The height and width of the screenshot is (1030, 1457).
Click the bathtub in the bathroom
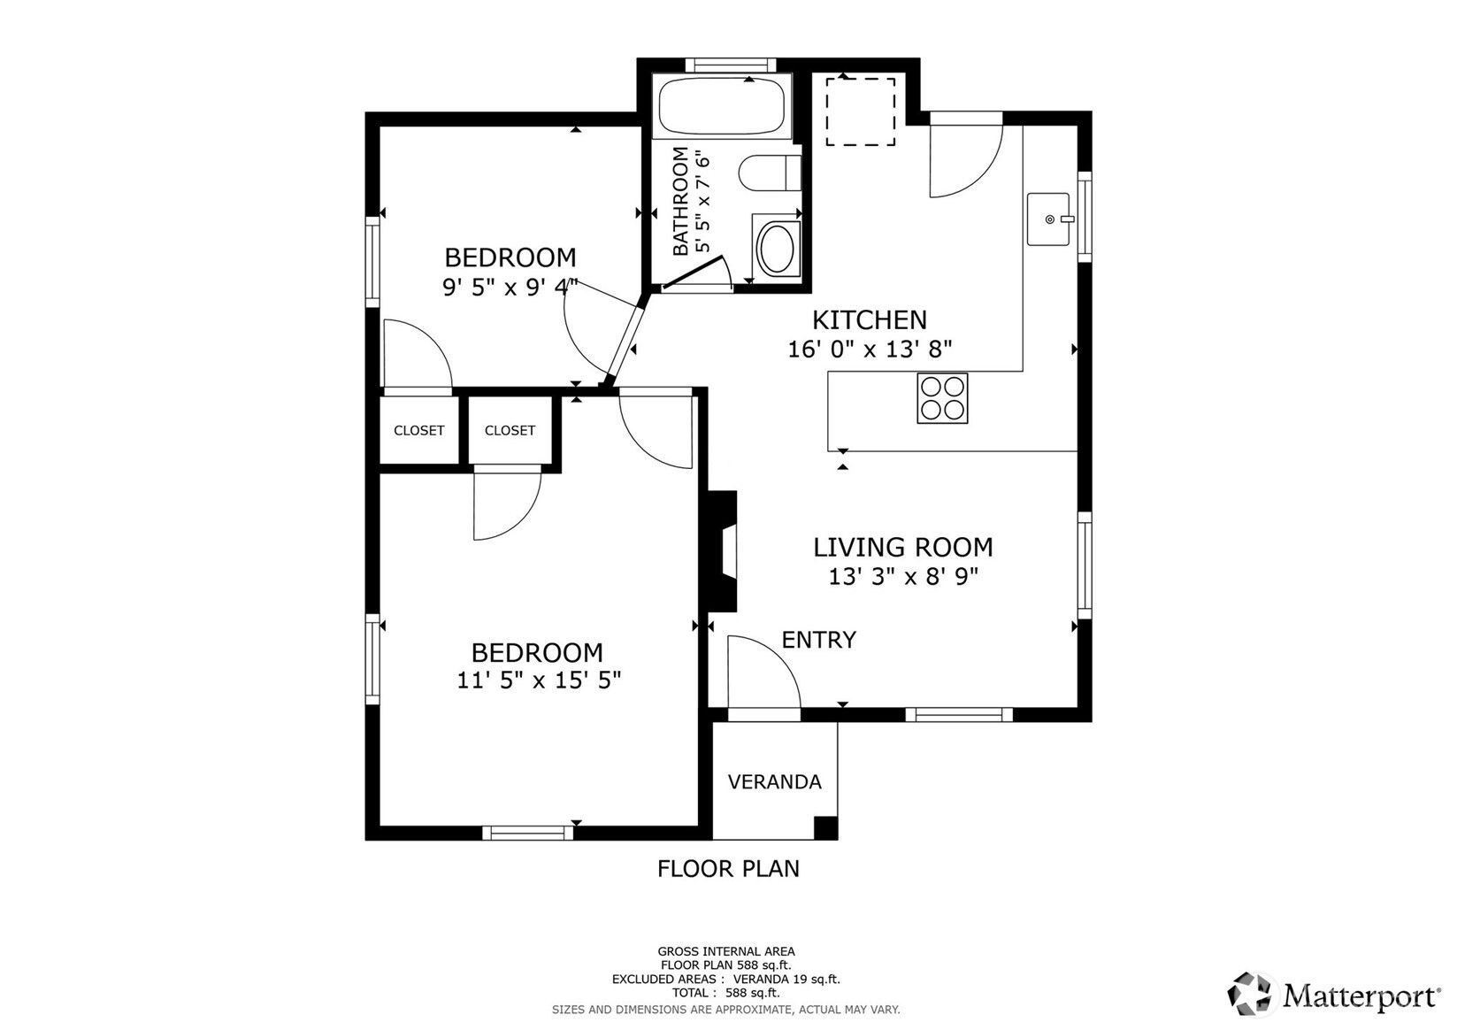722,106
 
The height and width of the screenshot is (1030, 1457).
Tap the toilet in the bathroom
771,173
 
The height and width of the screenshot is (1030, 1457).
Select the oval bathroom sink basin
776,247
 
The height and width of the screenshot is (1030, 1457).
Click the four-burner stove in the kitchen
942,398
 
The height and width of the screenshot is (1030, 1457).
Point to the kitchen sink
1048,219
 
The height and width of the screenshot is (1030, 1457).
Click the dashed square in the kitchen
861,111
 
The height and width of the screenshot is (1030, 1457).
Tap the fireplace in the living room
723,551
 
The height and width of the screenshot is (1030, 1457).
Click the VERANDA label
774,781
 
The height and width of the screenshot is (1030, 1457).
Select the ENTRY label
818,641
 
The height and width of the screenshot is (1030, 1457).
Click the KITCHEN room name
870,320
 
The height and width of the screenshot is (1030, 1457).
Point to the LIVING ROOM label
903,547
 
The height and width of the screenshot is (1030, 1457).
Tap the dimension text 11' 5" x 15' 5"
539,680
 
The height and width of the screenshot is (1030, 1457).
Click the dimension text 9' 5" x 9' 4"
510,287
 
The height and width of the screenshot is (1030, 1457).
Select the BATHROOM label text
680,201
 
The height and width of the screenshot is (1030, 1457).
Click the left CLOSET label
419,431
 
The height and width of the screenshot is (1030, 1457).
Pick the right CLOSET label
510,431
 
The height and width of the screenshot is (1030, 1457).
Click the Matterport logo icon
1249,994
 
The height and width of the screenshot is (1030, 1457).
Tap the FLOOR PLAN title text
728,869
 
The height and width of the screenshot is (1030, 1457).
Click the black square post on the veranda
826,827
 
